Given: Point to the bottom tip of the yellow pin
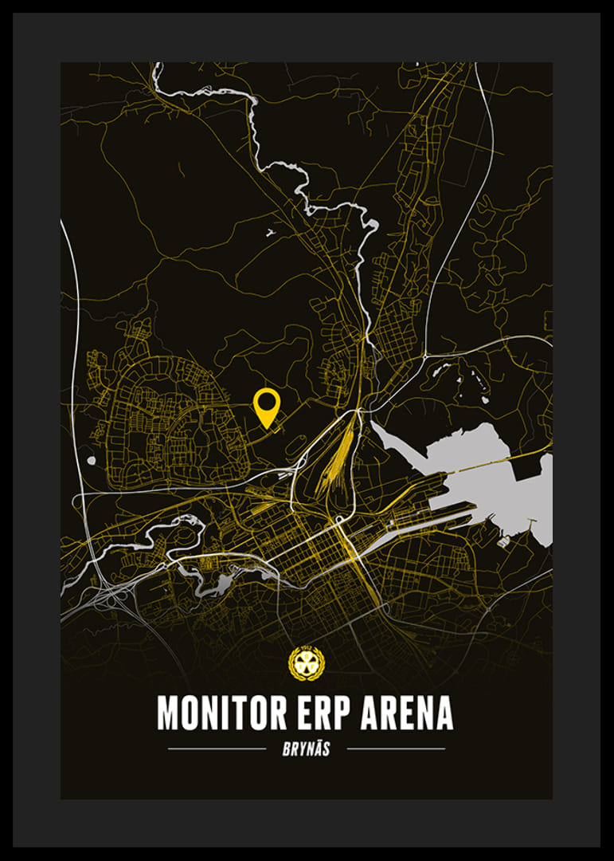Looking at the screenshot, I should coord(266,428).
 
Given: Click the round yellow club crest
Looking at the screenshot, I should coord(306,663).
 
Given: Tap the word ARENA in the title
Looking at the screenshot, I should coord(407,712).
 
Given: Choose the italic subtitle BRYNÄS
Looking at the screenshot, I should coord(307,749).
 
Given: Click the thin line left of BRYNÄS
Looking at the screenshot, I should coord(217,749).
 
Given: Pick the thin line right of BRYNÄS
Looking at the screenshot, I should coord(396,749).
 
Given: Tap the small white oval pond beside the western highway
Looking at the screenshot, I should coord(92,460).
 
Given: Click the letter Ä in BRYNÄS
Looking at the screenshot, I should coord(320,749).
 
